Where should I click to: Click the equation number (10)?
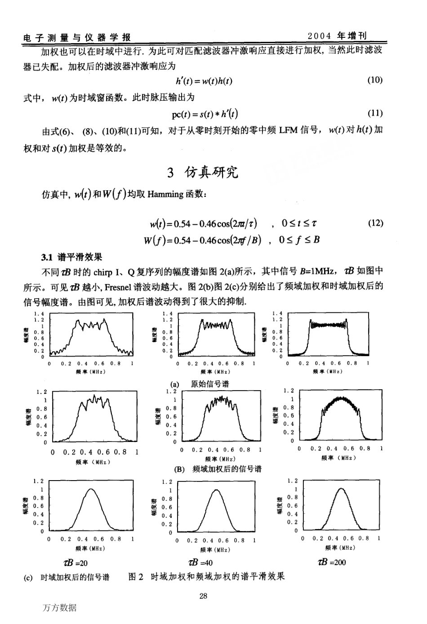click(x=375, y=80)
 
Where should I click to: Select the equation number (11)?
click(x=375, y=113)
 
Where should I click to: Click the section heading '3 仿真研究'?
click(x=203, y=172)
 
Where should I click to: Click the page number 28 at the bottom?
click(x=203, y=596)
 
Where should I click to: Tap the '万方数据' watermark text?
click(x=60, y=608)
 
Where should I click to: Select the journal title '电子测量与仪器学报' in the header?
click(x=77, y=37)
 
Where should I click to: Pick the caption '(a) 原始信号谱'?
click(x=200, y=384)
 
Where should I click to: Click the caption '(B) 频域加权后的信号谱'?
click(x=218, y=469)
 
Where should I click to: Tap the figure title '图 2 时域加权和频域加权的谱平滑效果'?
click(x=207, y=576)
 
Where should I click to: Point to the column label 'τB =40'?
click(x=200, y=562)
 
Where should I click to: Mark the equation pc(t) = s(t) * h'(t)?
click(x=205, y=114)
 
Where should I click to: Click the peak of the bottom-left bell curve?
click(x=91, y=489)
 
